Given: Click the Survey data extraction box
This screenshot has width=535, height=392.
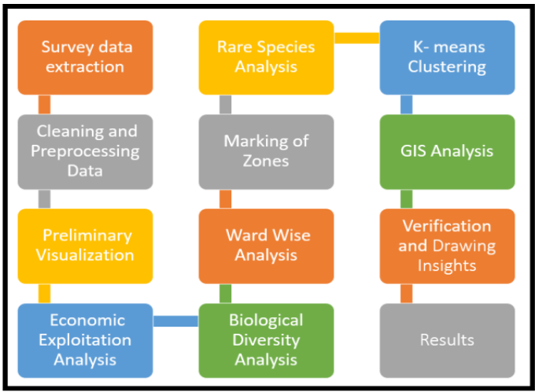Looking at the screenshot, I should [x=85, y=57].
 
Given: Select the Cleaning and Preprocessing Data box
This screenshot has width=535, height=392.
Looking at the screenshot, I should [x=85, y=151].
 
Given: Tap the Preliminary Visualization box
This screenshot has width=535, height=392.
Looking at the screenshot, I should [x=85, y=245].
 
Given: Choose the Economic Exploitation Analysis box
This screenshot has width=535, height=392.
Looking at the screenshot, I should [x=85, y=340].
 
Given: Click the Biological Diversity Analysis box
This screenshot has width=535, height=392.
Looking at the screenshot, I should [x=266, y=340].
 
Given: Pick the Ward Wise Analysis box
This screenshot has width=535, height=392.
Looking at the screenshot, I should [x=266, y=245].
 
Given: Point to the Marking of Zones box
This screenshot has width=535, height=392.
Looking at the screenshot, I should [x=266, y=151].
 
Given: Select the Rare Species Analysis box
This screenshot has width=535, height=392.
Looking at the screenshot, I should [x=266, y=57].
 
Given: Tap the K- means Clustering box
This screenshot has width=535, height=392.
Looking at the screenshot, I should [x=447, y=57].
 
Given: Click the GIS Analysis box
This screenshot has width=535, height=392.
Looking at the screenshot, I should [x=447, y=151].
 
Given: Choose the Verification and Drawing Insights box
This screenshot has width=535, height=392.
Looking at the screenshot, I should [x=447, y=245].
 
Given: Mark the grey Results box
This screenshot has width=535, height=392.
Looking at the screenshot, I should [x=447, y=340].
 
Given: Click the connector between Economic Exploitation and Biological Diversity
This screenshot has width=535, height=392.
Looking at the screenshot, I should [x=175, y=320].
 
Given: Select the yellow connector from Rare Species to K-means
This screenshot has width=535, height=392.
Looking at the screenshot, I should [x=356, y=37].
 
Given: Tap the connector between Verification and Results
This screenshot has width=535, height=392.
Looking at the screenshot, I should [x=406, y=294].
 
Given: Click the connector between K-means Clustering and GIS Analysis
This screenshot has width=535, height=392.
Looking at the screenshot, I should [x=406, y=105].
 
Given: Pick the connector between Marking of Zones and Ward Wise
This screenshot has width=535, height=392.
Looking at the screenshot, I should [x=225, y=198].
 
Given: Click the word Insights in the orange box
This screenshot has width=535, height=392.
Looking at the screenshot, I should [x=447, y=265].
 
